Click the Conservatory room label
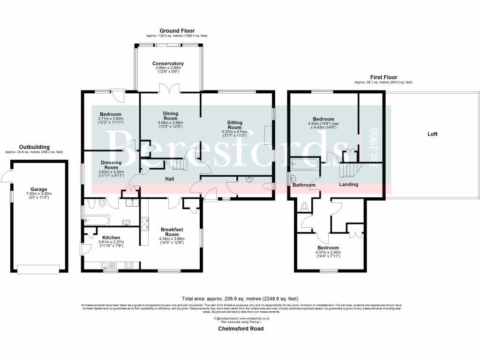click(x=168, y=63)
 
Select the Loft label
click(x=432, y=134)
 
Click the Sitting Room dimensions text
click(x=234, y=135)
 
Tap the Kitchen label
click(x=111, y=238)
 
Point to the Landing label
click(x=348, y=184)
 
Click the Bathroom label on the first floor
click(x=304, y=185)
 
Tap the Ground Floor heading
click(x=177, y=31)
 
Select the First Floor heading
click(x=383, y=77)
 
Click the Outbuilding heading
click(x=34, y=147)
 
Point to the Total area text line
click(x=240, y=299)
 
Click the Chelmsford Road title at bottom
click(x=240, y=329)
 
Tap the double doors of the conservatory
click(x=167, y=89)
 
